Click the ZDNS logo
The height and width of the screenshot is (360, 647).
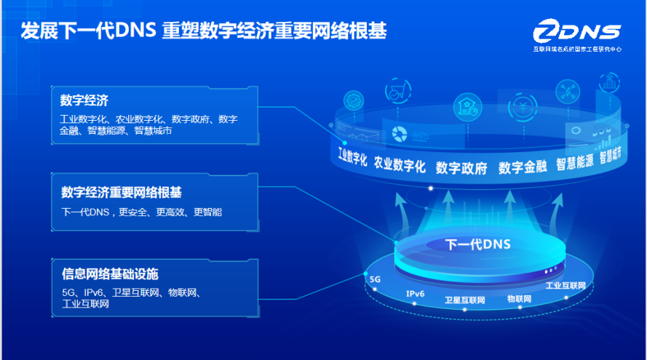click(577, 35)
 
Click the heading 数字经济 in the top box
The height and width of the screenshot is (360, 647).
click(84, 100)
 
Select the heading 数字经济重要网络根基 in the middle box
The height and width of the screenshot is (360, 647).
click(122, 192)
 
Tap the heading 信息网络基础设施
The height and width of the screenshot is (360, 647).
click(110, 273)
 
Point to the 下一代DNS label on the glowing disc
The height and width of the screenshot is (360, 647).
click(478, 244)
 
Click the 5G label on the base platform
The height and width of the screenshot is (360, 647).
click(375, 279)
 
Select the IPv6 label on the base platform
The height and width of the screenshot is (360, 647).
click(415, 294)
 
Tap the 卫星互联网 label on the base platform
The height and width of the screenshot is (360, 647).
click(464, 300)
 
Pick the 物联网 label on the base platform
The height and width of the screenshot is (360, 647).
click(519, 299)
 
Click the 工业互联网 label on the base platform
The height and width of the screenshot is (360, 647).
click(565, 286)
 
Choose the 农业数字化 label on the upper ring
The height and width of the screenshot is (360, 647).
click(400, 164)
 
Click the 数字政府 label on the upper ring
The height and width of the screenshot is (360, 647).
click(461, 168)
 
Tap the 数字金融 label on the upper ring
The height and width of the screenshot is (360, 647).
click(523, 167)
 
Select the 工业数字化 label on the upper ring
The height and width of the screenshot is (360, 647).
click(352, 156)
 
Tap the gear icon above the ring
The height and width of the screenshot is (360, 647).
click(354, 100)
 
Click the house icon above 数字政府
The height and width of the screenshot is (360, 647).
click(467, 107)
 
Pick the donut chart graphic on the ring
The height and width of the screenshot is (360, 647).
click(399, 134)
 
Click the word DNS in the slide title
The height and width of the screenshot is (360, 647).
click(135, 30)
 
